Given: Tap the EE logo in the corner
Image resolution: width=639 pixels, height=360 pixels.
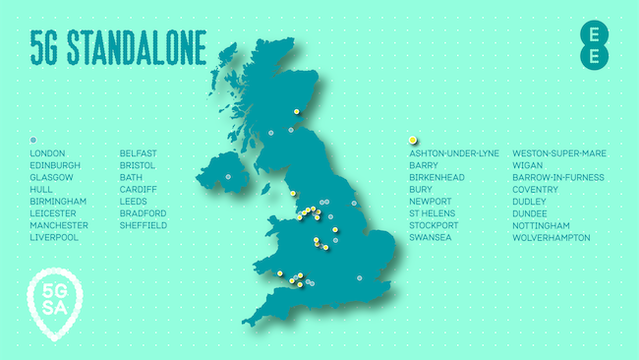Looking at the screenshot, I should coord(592,44).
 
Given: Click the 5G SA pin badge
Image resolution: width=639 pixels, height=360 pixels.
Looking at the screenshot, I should coord(54,301).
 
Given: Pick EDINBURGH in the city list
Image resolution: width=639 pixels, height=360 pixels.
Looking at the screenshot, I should coord(55,165).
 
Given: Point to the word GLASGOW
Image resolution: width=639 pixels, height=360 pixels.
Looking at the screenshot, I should coord(52,177).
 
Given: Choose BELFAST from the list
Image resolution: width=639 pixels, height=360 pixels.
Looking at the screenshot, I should coord(138,153).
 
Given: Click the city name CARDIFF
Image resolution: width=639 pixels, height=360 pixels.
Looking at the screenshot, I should coord(138,189).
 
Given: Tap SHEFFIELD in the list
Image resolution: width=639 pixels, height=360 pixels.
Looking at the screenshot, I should coord(143,225).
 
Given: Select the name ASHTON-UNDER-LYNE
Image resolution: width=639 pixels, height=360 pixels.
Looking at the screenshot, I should coord(453,153).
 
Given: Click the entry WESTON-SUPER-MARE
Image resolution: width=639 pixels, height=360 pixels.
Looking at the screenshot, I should coord(558,153).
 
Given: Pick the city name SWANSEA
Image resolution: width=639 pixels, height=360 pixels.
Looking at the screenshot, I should coord(430,237).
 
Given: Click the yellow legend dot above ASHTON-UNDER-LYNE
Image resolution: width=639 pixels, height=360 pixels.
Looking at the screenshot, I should coord(413,140).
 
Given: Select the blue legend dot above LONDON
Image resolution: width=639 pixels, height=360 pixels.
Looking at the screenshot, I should coord(33,140).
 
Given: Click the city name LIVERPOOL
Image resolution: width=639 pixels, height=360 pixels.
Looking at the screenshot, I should coord(53,237).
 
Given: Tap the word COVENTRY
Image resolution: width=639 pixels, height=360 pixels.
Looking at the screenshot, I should coord(537,189).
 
